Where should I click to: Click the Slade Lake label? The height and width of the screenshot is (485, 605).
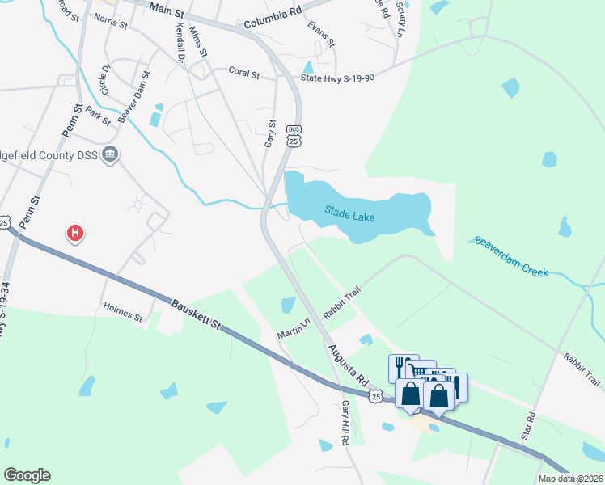point(351,213)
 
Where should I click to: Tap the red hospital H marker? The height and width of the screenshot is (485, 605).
point(75,234)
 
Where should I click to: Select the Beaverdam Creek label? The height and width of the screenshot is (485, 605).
point(512,256)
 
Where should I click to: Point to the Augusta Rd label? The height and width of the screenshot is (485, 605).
point(349,363)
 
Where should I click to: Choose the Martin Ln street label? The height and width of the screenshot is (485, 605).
point(294,328)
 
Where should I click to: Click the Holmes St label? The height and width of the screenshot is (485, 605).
point(123,312)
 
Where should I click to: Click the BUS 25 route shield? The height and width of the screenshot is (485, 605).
point(294,137)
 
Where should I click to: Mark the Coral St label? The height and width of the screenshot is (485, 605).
point(243,74)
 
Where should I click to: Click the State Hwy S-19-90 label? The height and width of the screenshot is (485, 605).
point(337,78)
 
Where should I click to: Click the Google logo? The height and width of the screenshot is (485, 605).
point(27,475)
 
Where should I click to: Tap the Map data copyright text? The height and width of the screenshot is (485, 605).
point(570,479)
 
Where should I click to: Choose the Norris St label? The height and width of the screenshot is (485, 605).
point(110,24)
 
